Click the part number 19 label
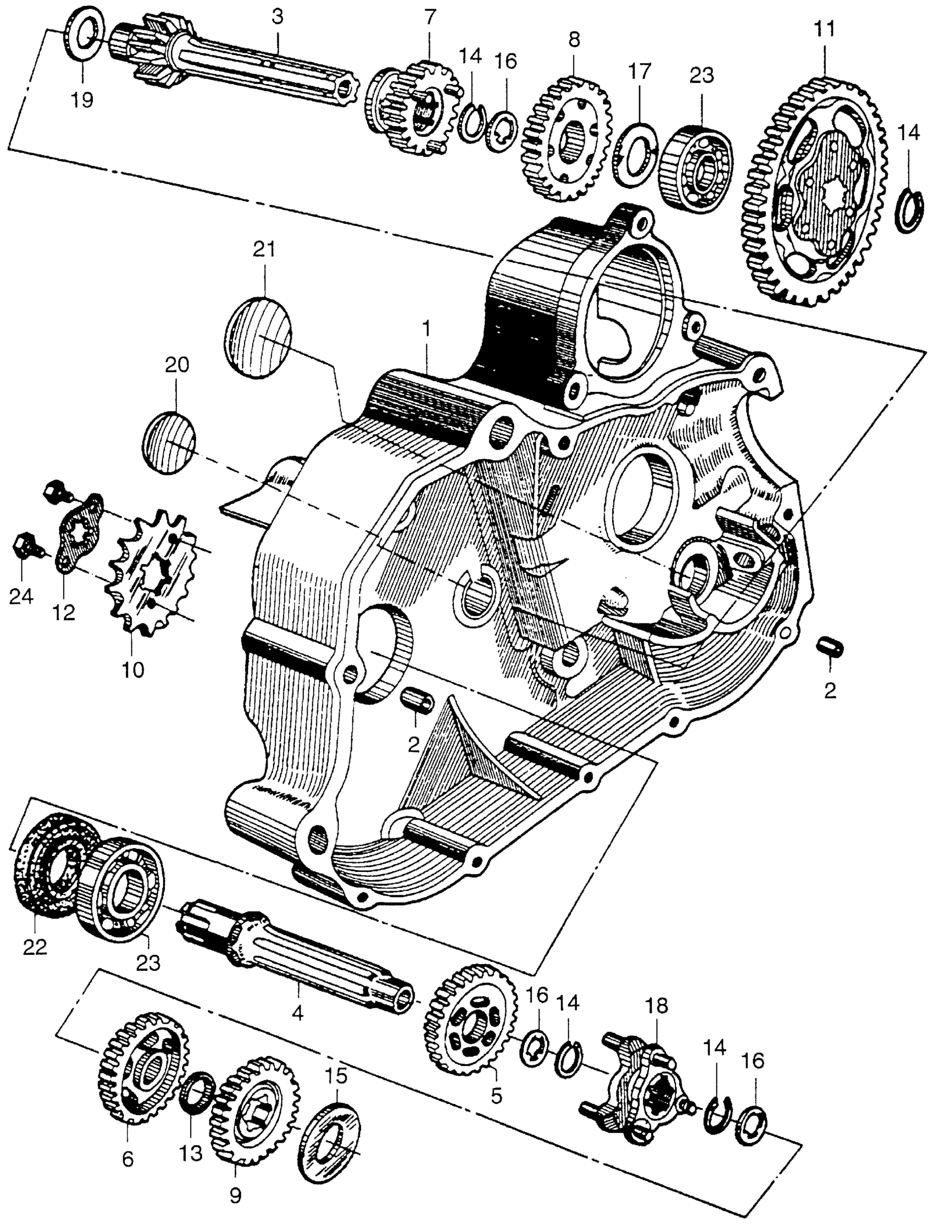coord(82,100)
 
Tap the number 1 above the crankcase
coord(426,329)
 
